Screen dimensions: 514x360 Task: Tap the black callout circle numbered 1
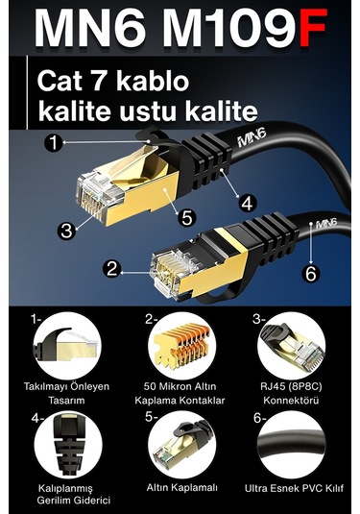coord(54,143)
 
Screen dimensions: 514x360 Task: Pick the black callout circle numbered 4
coord(246,204)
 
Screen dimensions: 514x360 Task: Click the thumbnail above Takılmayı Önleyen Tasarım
coord(63,347)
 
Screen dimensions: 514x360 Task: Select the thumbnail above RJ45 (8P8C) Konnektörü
coord(292,347)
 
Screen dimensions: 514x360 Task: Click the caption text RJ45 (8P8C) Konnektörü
coord(292,392)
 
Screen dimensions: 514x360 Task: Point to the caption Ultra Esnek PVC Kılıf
coord(293,487)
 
